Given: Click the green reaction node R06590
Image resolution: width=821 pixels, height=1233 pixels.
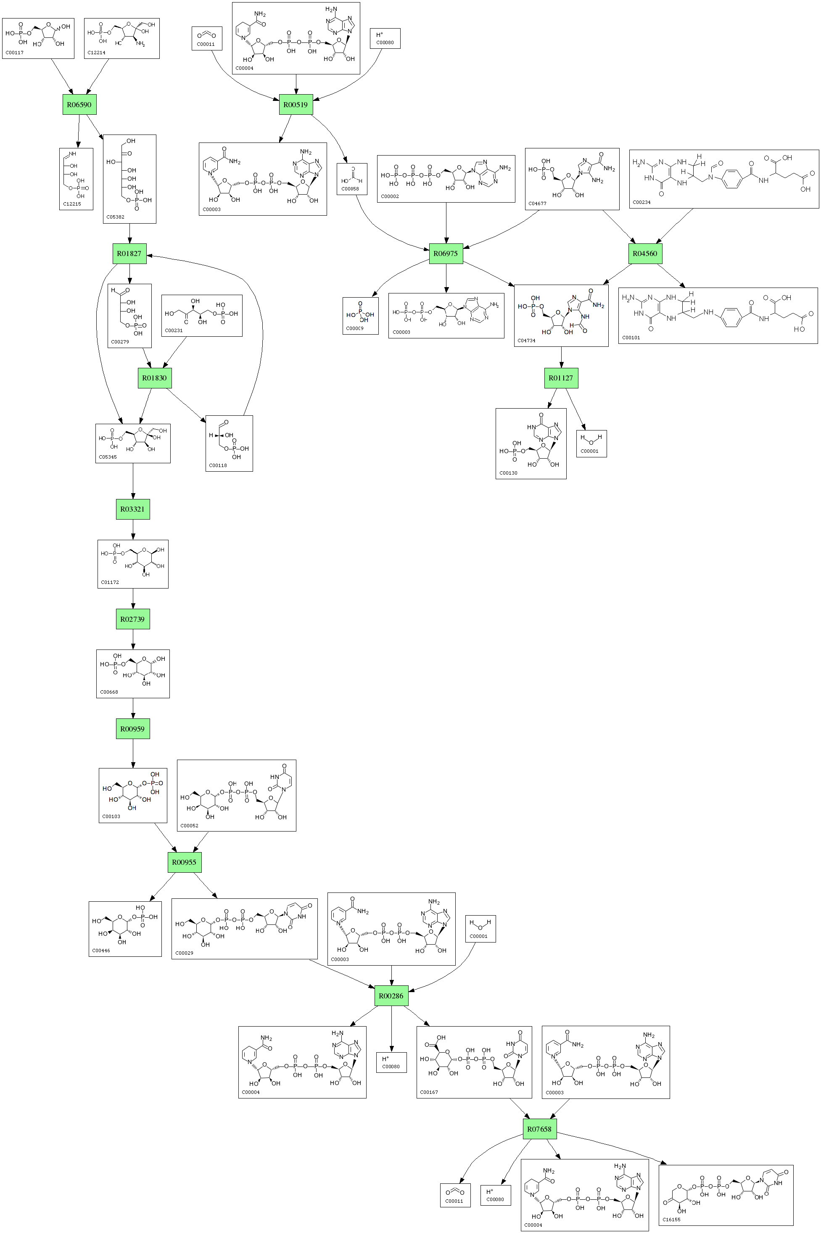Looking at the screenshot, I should (x=79, y=104).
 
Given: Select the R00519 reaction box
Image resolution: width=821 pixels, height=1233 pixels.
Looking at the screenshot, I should (x=296, y=104).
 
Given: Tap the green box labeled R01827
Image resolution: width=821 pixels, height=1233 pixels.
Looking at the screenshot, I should (x=129, y=253).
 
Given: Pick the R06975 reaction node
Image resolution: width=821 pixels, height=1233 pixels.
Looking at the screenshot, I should (x=446, y=253).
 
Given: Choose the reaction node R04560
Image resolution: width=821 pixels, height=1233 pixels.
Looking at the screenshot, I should (x=644, y=253).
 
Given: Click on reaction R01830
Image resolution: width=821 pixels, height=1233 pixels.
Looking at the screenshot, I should (x=154, y=378).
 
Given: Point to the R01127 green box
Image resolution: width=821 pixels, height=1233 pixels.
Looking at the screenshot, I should (x=561, y=378).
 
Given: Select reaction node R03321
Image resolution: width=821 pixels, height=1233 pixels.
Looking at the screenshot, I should (x=132, y=509).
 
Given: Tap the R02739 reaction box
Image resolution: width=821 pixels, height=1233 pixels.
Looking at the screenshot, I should (x=132, y=619).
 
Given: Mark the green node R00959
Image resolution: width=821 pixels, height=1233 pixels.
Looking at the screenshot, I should (x=132, y=729).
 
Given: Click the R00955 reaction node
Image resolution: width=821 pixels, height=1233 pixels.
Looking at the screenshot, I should (x=184, y=862).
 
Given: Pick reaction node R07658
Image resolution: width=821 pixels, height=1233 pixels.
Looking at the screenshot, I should (x=539, y=1129).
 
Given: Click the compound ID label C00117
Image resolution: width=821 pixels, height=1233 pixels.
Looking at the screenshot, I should (x=15, y=53).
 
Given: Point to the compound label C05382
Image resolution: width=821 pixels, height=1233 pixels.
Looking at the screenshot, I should (x=115, y=217).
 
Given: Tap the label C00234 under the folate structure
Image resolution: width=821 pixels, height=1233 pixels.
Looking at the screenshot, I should (x=641, y=202).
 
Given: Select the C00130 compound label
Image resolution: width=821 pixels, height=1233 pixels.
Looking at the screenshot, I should (x=508, y=473).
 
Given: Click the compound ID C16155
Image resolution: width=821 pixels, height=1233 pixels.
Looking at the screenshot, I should (x=671, y=1220).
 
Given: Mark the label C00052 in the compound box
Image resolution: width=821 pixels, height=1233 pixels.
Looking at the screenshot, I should (x=190, y=825).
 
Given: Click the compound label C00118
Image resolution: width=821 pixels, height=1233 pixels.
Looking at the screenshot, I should (x=218, y=465).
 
